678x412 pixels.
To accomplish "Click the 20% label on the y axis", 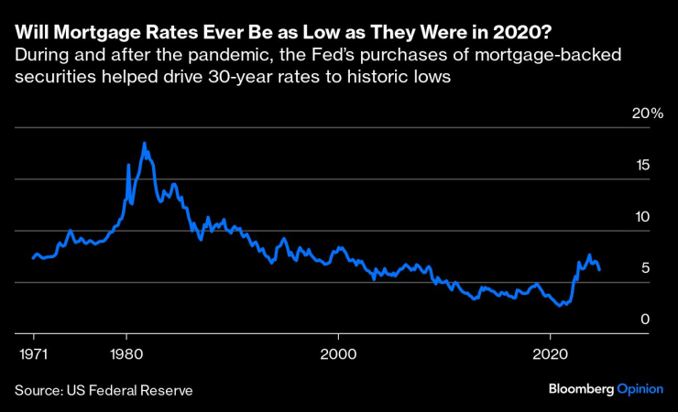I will point(647,114).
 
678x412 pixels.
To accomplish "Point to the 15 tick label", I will point(644,165).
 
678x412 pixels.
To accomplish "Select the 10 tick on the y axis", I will point(644,217).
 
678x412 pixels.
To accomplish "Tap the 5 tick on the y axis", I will point(646,268).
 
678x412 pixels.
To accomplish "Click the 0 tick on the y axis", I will point(646,320).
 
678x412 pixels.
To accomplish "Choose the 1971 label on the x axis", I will point(33,353).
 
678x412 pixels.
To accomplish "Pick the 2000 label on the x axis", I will point(338,353).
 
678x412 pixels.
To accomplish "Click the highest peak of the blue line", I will point(144,143).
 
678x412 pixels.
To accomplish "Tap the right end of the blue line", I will point(599,270).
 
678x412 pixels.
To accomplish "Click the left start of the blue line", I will point(33,258).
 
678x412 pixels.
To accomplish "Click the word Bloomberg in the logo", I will point(580,389).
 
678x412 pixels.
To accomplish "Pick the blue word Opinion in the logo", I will point(639,389).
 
